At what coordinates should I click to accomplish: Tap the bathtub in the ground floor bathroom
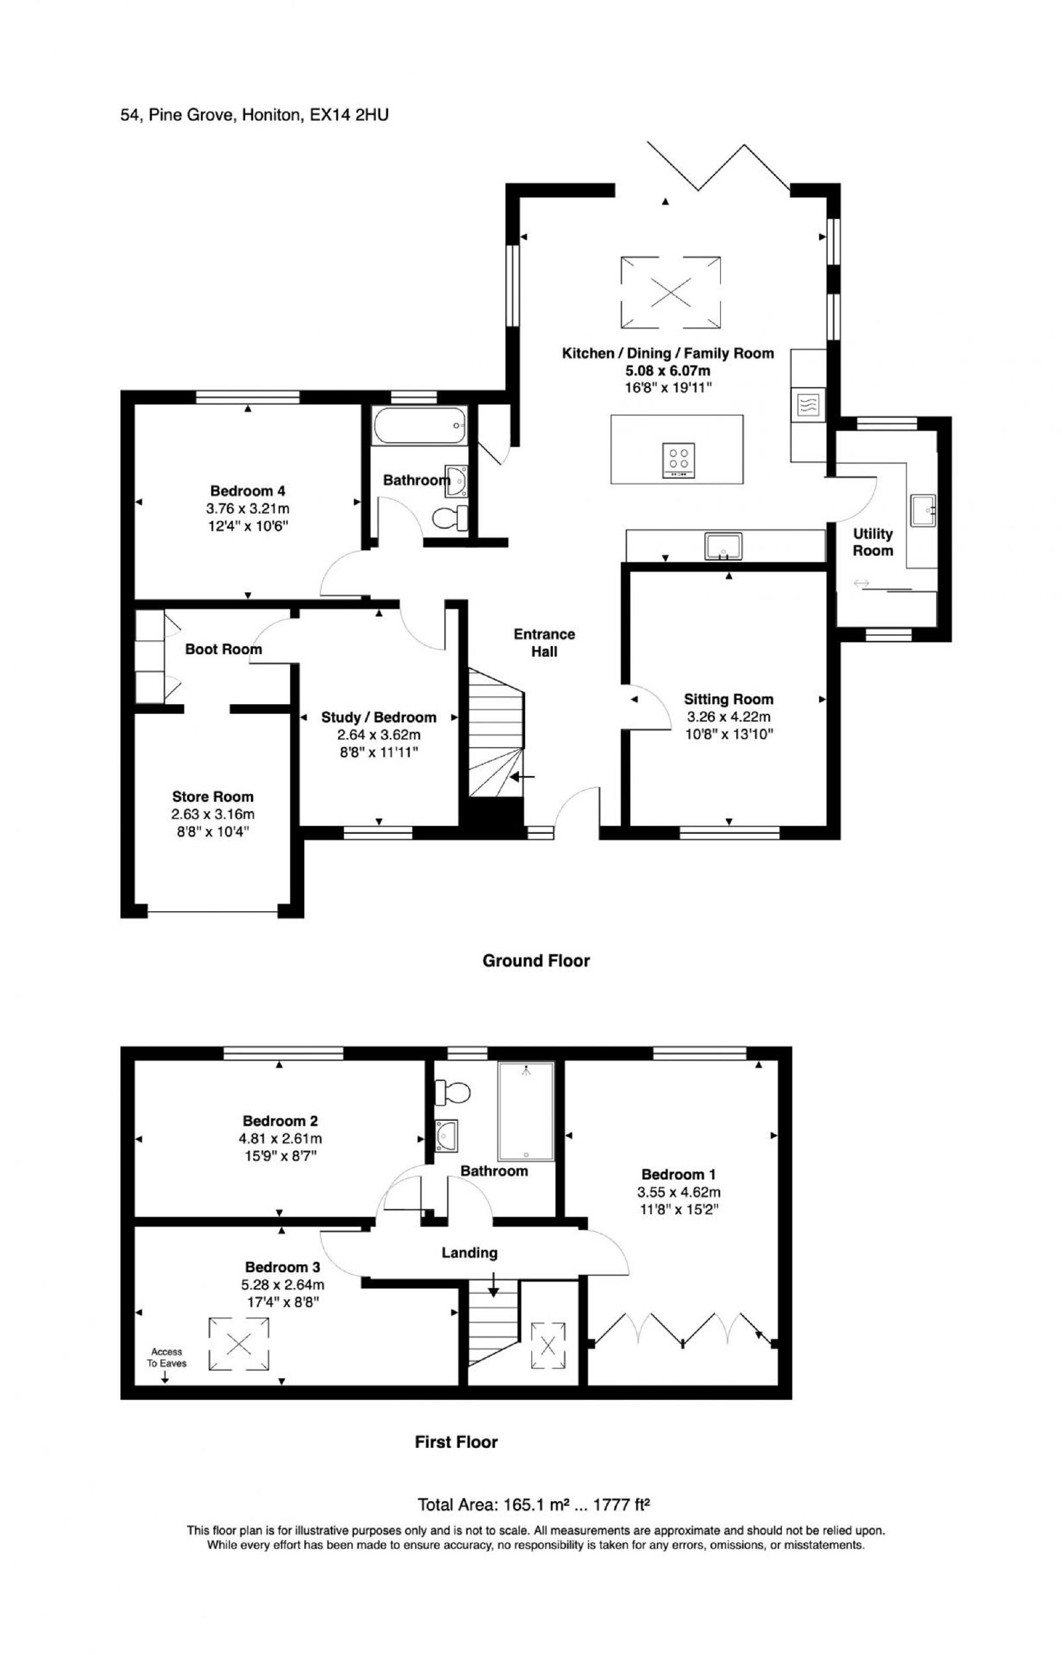[420, 425]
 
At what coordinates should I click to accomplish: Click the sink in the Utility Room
[923, 510]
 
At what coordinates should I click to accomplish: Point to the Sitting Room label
[728, 699]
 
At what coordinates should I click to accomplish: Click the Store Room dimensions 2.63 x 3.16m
[212, 814]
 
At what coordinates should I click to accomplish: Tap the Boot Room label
[224, 648]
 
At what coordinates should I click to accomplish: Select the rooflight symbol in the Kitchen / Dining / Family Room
[670, 292]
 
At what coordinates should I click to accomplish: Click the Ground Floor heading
[536, 960]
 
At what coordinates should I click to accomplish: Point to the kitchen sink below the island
[723, 545]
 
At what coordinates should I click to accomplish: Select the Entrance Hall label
[544, 642]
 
